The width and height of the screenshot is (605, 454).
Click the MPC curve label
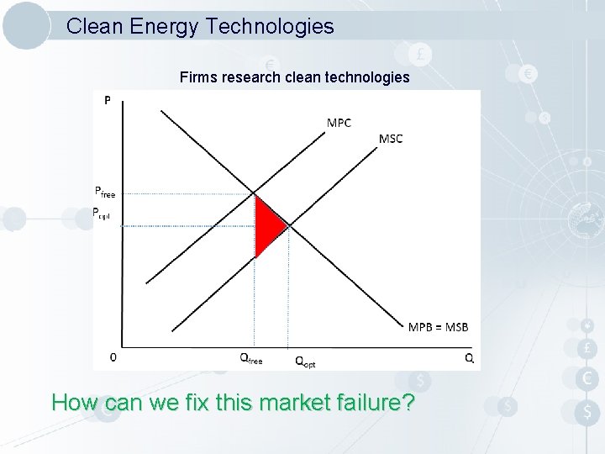[339, 123]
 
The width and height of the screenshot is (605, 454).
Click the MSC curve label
[391, 139]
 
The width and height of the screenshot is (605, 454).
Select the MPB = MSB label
[438, 326]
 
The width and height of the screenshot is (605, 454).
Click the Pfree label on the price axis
[105, 192]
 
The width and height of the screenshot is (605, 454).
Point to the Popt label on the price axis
[101, 213]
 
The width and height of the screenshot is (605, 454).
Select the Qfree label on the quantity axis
[251, 359]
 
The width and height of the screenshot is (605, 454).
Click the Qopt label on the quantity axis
[305, 362]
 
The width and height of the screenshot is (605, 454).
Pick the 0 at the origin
[113, 357]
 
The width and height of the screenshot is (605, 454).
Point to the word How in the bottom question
[75, 403]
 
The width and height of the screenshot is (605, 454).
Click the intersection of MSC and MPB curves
[288, 225]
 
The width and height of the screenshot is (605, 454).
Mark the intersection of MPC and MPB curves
[255, 194]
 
